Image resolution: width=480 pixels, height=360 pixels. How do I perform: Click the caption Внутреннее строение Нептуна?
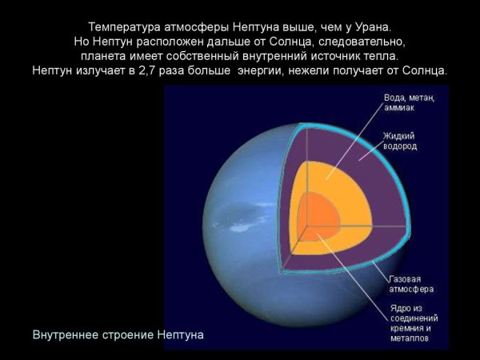[x=118, y=334]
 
